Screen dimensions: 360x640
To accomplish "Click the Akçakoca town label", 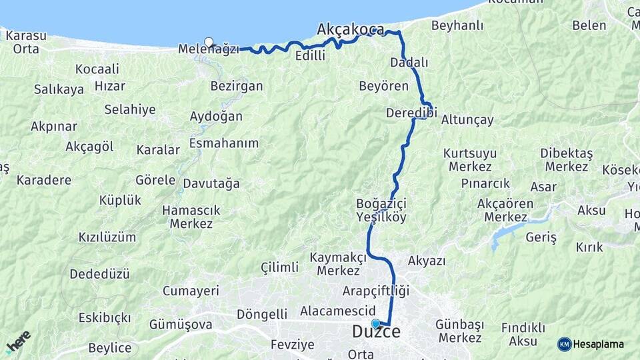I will point(351,29).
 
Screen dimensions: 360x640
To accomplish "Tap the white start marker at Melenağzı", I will point(209,43).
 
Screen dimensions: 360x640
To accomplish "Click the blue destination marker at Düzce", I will point(376,324).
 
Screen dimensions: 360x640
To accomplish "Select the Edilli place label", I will point(310,56).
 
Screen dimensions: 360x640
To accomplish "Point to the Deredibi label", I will point(411,113).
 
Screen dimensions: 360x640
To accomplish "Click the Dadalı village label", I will point(409,62).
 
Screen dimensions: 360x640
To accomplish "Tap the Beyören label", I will point(383,86).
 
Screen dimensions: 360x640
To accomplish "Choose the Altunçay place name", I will point(467,120).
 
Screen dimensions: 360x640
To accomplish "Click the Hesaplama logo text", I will point(599,344).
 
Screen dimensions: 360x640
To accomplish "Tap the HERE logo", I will point(18,341).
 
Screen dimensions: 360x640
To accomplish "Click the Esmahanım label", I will point(224,143).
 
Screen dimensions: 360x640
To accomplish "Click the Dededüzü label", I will point(100,274).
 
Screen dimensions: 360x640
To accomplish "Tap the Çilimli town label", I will point(279,267).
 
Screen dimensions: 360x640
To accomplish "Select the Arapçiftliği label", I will point(375,291).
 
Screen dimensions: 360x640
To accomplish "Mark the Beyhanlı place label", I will point(457,25).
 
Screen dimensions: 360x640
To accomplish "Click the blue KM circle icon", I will point(564,344).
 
